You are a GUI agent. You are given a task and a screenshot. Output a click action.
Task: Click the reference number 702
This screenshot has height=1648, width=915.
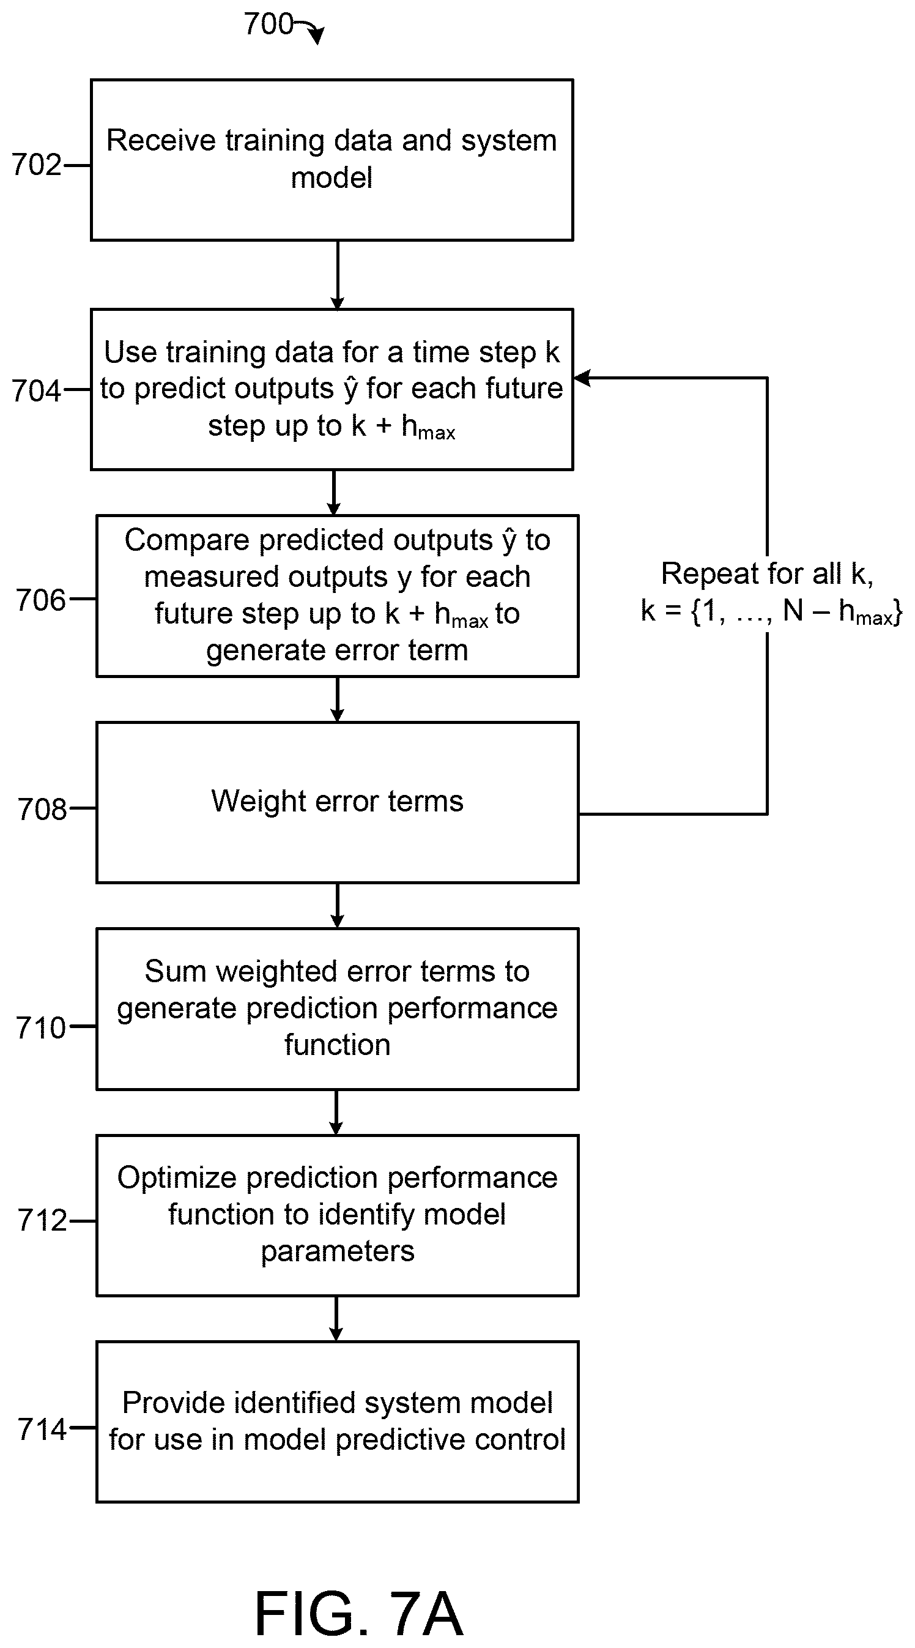tap(37, 165)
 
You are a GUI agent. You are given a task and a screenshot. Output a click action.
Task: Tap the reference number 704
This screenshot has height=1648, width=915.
tap(37, 390)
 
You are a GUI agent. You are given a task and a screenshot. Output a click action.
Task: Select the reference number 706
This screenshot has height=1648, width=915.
tap(42, 600)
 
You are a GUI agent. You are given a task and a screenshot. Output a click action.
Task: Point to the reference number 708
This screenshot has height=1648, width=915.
tap(42, 809)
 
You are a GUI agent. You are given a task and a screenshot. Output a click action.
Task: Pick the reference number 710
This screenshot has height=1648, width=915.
tap(42, 1028)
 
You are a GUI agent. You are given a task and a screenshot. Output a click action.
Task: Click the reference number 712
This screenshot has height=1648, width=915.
tap(42, 1220)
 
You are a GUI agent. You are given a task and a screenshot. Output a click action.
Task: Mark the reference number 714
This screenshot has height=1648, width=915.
tap(42, 1428)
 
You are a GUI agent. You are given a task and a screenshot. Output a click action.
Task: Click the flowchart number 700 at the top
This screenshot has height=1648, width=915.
tap(269, 24)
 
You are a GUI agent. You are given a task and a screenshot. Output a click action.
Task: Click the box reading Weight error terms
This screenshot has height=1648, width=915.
tap(338, 803)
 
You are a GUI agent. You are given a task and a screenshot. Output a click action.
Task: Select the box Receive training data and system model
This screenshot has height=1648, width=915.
tap(332, 160)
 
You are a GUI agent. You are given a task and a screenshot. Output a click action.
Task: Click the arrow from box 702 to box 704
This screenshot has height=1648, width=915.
tap(338, 275)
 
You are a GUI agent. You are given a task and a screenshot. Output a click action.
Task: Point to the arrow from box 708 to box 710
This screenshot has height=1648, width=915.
tap(338, 906)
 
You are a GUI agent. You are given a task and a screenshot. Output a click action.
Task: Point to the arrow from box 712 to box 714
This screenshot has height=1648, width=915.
tap(336, 1319)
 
